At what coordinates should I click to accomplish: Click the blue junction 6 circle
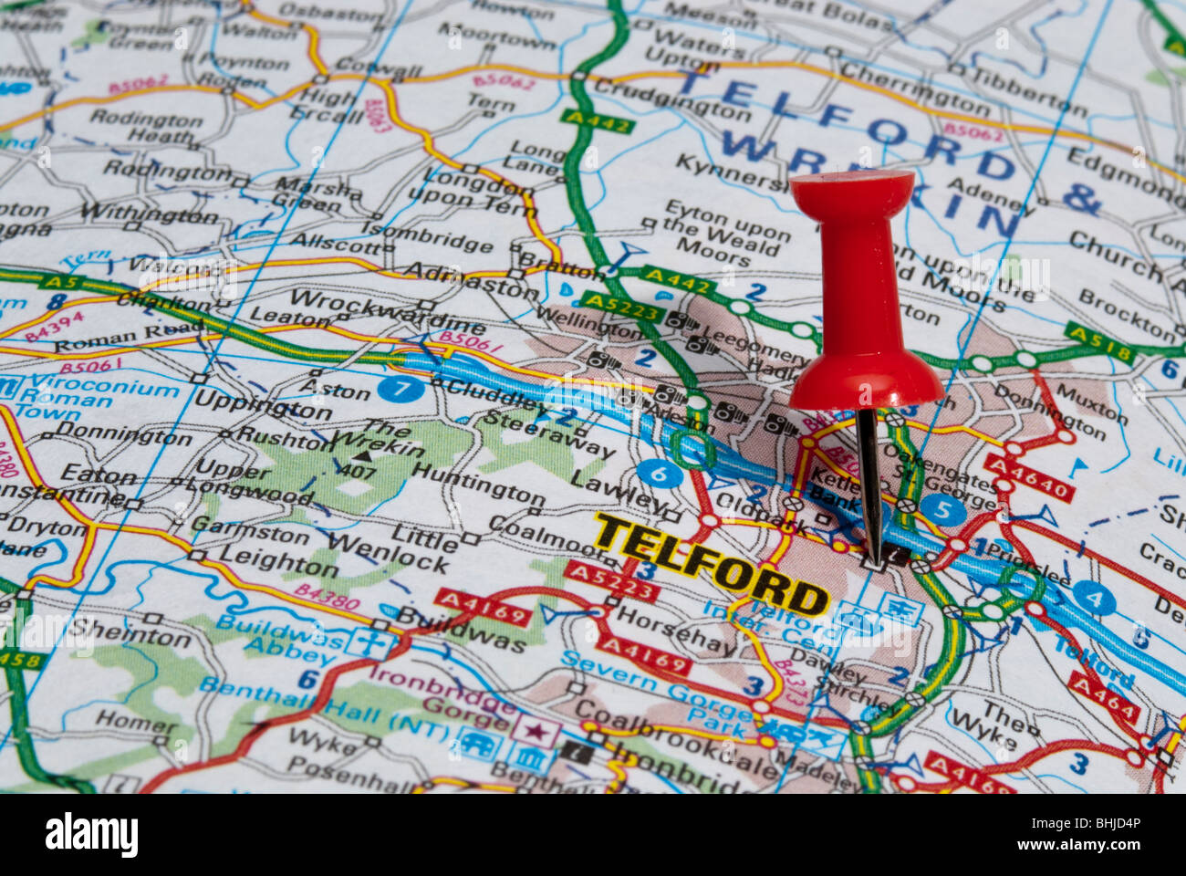(660, 474)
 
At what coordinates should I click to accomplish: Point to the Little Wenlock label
(420, 550)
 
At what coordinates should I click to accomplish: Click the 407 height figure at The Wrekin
(358, 472)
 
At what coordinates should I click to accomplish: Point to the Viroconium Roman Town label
(91, 397)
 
